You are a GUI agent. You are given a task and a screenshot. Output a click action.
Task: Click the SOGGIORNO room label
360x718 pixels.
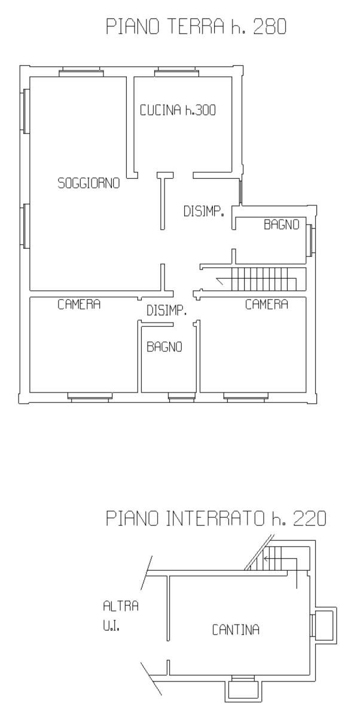click(x=89, y=183)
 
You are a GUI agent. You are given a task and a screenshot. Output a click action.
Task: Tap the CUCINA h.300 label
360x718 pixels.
click(x=178, y=110)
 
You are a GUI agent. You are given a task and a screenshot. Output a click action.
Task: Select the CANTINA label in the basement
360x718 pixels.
click(x=236, y=630)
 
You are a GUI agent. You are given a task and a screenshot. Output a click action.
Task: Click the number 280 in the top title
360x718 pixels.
click(x=270, y=26)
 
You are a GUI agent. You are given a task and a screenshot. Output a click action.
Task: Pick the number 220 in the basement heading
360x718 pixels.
click(x=310, y=518)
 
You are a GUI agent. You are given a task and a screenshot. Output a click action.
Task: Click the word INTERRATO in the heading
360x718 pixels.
click(x=215, y=518)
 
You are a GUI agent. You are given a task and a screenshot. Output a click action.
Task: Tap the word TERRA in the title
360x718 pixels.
click(x=196, y=26)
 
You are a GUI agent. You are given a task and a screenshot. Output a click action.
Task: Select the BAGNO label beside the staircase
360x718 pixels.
click(x=282, y=224)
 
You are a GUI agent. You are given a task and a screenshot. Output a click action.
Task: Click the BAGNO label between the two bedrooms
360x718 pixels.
click(x=164, y=346)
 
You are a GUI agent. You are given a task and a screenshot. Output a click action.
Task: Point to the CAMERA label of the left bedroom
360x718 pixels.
click(x=79, y=304)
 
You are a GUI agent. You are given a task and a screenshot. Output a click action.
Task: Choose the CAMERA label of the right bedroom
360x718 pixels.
click(x=267, y=304)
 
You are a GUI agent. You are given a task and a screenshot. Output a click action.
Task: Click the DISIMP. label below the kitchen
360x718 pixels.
click(x=204, y=211)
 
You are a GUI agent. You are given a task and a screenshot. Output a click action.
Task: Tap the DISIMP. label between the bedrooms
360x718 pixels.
click(x=167, y=311)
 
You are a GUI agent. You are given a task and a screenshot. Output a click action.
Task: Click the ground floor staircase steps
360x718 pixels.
click(x=264, y=279)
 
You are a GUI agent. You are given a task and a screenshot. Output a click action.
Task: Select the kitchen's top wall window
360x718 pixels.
click(x=176, y=72)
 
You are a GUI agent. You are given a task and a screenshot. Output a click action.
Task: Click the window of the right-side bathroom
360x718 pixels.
click(x=310, y=241)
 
